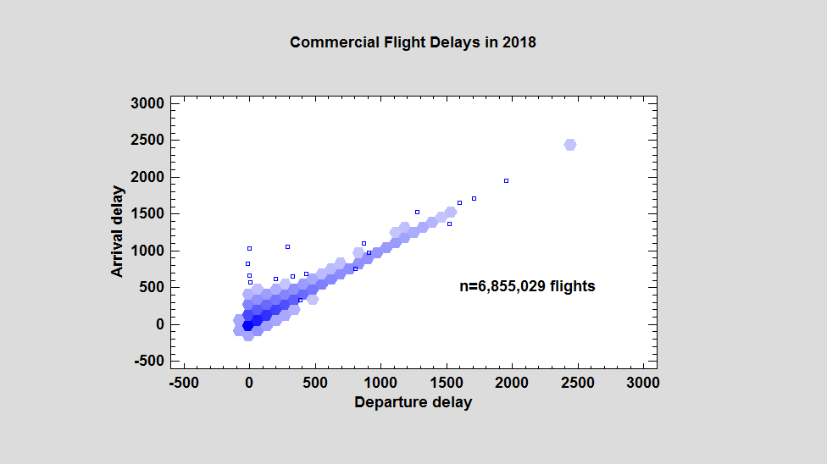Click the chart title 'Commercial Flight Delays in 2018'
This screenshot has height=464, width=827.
point(413,41)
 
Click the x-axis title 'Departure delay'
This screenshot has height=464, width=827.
point(413,402)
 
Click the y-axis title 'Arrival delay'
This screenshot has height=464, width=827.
point(118,232)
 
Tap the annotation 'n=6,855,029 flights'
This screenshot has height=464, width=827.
point(527,286)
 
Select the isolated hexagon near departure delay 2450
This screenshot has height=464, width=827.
point(570,145)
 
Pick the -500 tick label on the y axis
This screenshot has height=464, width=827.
point(149,362)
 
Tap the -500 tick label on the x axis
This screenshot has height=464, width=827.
point(184,383)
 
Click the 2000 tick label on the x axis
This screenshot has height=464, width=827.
point(512,383)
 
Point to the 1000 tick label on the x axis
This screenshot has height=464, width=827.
point(380,383)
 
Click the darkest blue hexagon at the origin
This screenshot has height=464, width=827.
point(248,325)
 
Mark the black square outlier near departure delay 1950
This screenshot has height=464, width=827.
point(506,180)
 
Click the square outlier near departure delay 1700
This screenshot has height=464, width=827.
point(474,198)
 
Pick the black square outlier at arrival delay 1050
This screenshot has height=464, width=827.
point(287,246)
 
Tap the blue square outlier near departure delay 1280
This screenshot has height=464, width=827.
point(417,212)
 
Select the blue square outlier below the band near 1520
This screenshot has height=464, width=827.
point(449,224)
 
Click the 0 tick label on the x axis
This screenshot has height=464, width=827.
point(249,383)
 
